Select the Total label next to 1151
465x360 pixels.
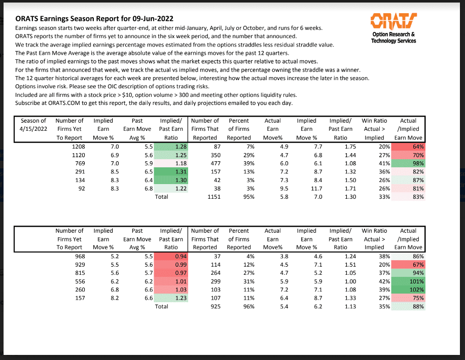[162, 197]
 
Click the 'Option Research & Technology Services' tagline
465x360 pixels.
[394, 38]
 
